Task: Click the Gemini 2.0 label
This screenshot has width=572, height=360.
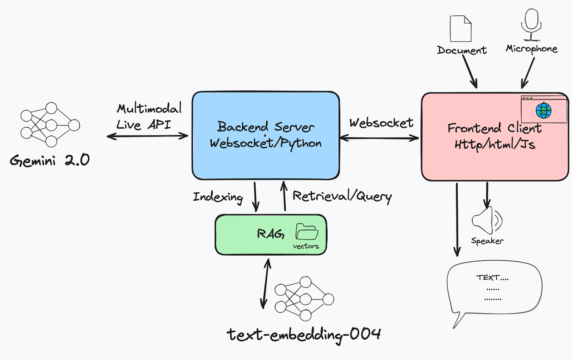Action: click(50, 160)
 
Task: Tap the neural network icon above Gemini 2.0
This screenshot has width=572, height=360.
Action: click(50, 124)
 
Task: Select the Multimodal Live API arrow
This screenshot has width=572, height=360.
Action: click(147, 136)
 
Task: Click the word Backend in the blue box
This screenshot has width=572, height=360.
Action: click(243, 127)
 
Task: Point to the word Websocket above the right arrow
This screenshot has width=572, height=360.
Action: click(381, 123)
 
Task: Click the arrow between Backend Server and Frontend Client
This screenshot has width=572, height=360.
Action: click(380, 138)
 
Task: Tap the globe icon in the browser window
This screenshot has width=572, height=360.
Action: click(543, 110)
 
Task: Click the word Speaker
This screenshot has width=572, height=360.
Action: click(487, 241)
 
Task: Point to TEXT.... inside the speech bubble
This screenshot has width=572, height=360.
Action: click(492, 277)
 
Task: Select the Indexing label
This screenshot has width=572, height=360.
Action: click(218, 197)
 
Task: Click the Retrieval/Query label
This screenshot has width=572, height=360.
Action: click(342, 196)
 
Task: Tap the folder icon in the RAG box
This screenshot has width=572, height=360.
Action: click(306, 232)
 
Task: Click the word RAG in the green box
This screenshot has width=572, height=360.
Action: click(271, 234)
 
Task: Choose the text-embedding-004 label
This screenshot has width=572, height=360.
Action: click(304, 335)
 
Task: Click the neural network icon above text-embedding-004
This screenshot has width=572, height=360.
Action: click(304, 299)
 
